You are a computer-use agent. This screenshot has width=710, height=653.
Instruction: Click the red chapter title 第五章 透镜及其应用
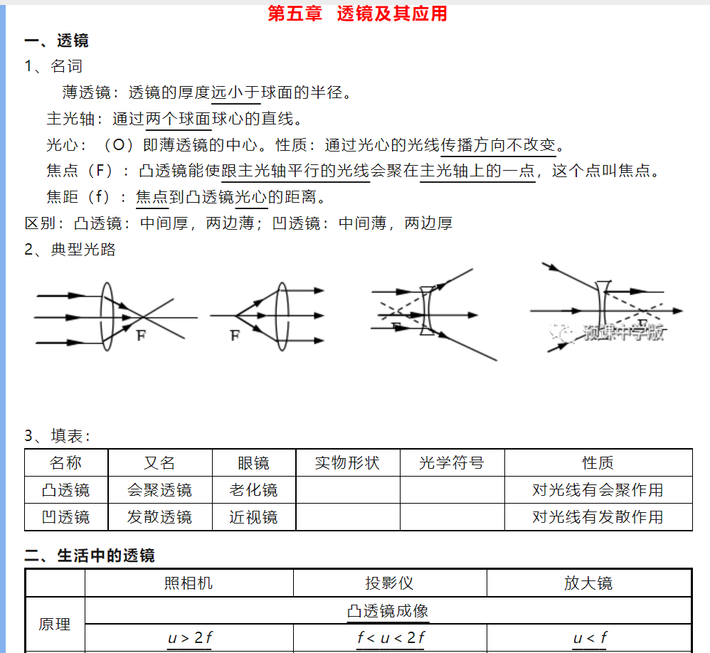point(357,14)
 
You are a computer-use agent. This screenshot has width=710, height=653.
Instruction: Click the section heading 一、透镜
point(56,41)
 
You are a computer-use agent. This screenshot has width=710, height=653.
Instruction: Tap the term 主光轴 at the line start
point(70,119)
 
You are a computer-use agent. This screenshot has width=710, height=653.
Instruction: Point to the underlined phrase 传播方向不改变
point(498,146)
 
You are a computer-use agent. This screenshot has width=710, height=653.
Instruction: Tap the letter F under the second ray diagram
point(234,336)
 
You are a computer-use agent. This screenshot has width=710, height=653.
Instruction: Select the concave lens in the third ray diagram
point(426,311)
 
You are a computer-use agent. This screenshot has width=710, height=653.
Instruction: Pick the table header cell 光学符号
point(452,463)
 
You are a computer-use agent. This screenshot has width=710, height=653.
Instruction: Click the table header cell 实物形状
point(347,463)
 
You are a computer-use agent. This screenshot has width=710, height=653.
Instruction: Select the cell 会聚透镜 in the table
point(159,490)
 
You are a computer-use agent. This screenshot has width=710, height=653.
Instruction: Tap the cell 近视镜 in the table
point(253,517)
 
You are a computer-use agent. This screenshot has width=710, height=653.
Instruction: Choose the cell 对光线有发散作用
point(598,517)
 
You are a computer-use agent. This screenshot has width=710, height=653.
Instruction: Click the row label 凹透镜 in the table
point(65,517)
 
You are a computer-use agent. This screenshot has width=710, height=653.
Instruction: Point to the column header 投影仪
point(389,583)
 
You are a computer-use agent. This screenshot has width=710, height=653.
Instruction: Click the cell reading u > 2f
point(189,638)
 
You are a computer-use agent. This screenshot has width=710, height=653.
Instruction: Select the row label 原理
point(55,625)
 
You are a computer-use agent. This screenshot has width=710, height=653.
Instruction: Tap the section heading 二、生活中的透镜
point(90,556)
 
